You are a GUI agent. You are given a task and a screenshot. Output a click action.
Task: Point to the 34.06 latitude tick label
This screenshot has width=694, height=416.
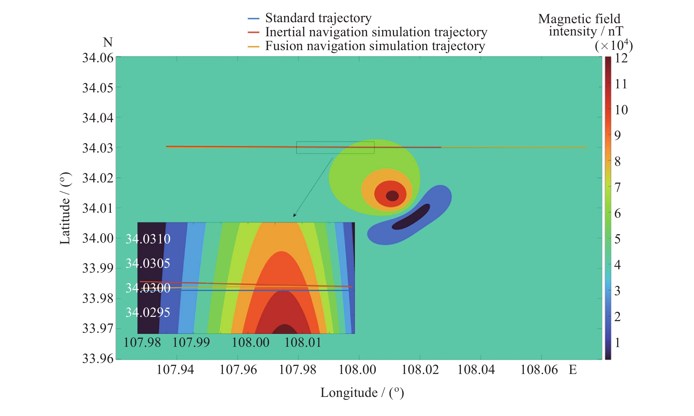[98, 58]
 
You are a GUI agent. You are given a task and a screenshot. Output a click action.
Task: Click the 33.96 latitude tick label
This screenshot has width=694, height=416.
[98, 359]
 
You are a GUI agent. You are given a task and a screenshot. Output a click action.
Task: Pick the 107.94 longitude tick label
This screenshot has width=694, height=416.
[175, 370]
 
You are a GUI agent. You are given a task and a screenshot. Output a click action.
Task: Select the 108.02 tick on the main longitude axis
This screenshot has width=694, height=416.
[420, 370]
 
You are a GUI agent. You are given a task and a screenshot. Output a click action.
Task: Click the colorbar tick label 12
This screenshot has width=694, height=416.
[621, 58]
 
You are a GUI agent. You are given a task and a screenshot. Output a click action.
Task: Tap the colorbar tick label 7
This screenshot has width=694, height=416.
[617, 187]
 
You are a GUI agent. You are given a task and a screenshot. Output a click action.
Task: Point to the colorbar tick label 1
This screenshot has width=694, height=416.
[617, 343]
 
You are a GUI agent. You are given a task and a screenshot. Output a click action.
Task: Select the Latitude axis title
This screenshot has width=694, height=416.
[65, 208]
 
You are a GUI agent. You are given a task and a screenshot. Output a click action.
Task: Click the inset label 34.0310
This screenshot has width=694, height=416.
[148, 239]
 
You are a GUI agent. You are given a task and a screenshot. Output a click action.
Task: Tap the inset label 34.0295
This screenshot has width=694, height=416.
[148, 313]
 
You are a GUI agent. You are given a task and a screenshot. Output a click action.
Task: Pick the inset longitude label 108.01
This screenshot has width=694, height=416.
[303, 343]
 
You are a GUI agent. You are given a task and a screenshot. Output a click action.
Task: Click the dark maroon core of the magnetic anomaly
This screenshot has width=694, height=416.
[392, 196]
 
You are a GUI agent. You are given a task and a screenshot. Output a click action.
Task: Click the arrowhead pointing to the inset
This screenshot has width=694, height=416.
[294, 215]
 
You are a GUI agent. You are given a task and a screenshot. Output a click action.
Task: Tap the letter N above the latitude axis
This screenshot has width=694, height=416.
[108, 43]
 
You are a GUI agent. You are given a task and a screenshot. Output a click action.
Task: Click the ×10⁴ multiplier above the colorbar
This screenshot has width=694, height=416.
[613, 45]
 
